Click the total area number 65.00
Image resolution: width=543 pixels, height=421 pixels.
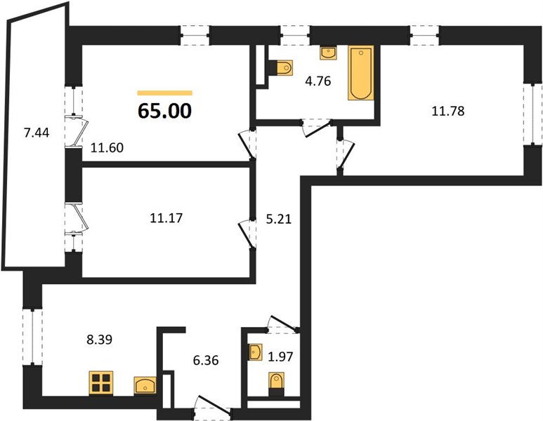pyautogui.click(x=164, y=111)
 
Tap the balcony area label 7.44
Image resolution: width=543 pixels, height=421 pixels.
pyautogui.click(x=37, y=133)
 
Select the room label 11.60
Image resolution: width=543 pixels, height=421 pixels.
pyautogui.click(x=107, y=148)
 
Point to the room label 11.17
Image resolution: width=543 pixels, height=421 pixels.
pyautogui.click(x=166, y=218)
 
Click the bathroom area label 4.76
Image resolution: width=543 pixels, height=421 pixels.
pyautogui.click(x=318, y=81)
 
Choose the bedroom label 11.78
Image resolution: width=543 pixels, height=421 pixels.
pyautogui.click(x=448, y=111)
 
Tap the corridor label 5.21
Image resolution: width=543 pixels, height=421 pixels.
pyautogui.click(x=279, y=219)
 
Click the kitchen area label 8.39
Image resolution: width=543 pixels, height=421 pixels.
pyautogui.click(x=99, y=340)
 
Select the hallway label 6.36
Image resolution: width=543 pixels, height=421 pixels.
pyautogui.click(x=206, y=361)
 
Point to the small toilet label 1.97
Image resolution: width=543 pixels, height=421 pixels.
pyautogui.click(x=280, y=356)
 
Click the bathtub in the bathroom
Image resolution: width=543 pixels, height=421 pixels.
pyautogui.click(x=361, y=73)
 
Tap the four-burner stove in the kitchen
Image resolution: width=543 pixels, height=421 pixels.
pyautogui.click(x=101, y=382)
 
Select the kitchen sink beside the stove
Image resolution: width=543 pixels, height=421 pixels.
pyautogui.click(x=145, y=385)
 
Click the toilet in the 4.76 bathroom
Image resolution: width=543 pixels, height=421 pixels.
pyautogui.click(x=281, y=67)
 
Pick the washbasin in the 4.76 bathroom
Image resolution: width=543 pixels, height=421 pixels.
pyautogui.click(x=327, y=53)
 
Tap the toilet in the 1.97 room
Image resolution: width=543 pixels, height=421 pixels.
pyautogui.click(x=276, y=384)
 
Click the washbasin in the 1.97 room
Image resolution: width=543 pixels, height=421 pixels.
pyautogui.click(x=256, y=352)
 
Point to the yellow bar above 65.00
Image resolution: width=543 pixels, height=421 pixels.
pyautogui.click(x=165, y=93)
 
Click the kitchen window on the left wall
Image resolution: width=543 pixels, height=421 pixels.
pyautogui.click(x=32, y=337)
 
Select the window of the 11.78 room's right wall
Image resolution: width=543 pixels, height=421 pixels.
pyautogui.click(x=532, y=114)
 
